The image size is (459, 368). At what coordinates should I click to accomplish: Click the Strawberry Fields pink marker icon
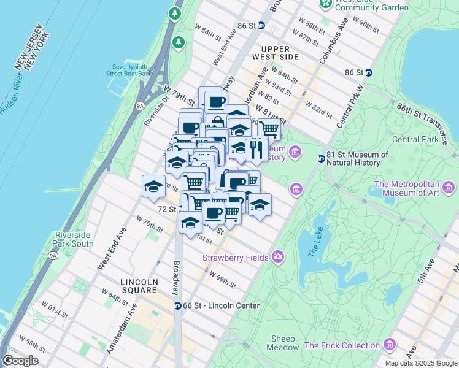coord(278,256)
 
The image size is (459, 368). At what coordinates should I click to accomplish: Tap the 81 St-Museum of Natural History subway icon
coord(321,158)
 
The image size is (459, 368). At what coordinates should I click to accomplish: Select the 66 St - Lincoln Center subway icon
coord(177,305)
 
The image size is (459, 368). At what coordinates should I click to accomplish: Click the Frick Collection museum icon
coord(388,345)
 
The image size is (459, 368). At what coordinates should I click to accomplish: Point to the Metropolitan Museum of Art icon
coord(450,187)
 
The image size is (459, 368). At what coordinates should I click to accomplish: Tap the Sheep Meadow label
coord(283,343)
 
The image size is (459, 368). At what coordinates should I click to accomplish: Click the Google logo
coord(20,361)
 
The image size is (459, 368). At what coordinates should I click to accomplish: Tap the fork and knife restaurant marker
coord(256,150)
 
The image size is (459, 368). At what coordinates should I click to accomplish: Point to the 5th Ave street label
coord(425,270)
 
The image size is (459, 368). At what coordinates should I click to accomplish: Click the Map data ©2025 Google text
coord(420,363)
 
